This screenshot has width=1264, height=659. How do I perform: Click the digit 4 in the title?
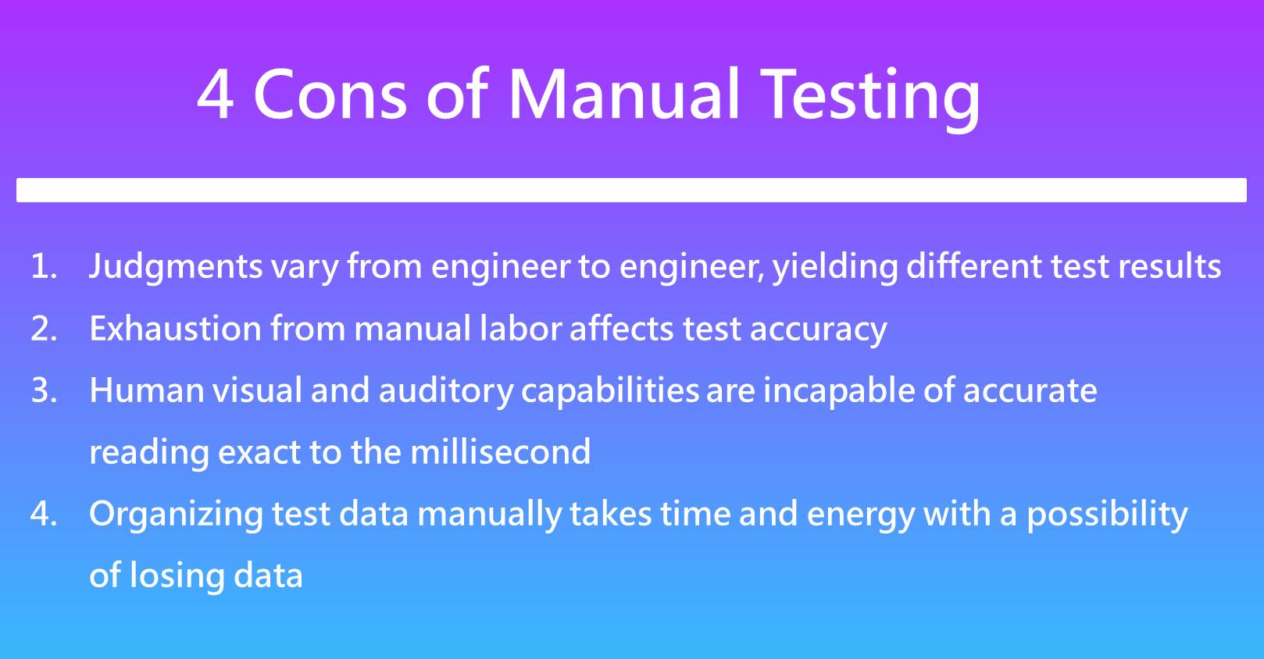click(216, 94)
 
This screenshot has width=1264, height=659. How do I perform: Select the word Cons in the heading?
click(330, 94)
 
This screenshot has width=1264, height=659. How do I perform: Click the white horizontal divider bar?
click(631, 191)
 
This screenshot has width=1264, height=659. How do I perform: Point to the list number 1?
click(44, 265)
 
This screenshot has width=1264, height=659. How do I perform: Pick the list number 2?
click(44, 329)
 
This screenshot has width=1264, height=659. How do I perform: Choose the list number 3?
click(44, 390)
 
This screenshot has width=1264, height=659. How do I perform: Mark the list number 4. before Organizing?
click(44, 514)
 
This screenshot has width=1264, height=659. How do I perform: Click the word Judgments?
click(176, 268)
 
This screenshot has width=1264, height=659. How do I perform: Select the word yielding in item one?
click(835, 268)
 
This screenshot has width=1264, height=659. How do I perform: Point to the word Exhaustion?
click(175, 328)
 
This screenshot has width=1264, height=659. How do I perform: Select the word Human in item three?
click(147, 390)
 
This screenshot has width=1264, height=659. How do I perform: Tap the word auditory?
click(446, 391)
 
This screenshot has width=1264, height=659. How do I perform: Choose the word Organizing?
click(176, 515)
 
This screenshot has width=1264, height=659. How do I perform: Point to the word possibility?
click(1107, 515)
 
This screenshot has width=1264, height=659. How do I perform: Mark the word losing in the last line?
click(177, 577)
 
